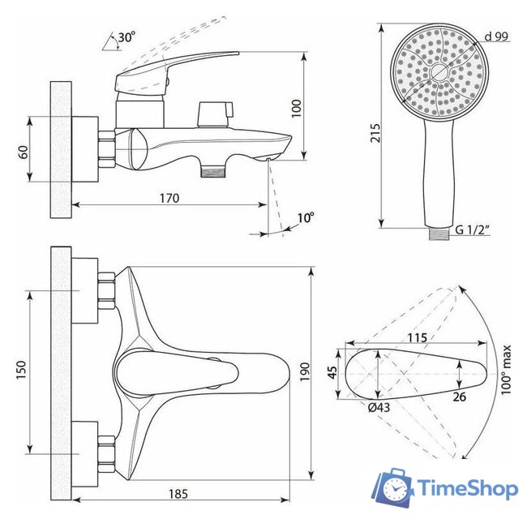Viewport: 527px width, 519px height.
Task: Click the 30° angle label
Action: click(126, 37)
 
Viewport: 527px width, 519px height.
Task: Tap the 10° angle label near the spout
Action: click(305, 217)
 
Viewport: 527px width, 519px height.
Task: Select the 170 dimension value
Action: click(168, 198)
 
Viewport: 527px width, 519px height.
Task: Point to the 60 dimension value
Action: click(24, 152)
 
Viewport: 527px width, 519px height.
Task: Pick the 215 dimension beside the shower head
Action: click(375, 133)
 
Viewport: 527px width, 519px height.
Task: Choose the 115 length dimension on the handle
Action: click(418, 337)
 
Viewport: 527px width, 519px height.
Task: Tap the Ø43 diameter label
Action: click(379, 407)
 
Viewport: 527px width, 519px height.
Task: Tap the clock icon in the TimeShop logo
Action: click(396, 490)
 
